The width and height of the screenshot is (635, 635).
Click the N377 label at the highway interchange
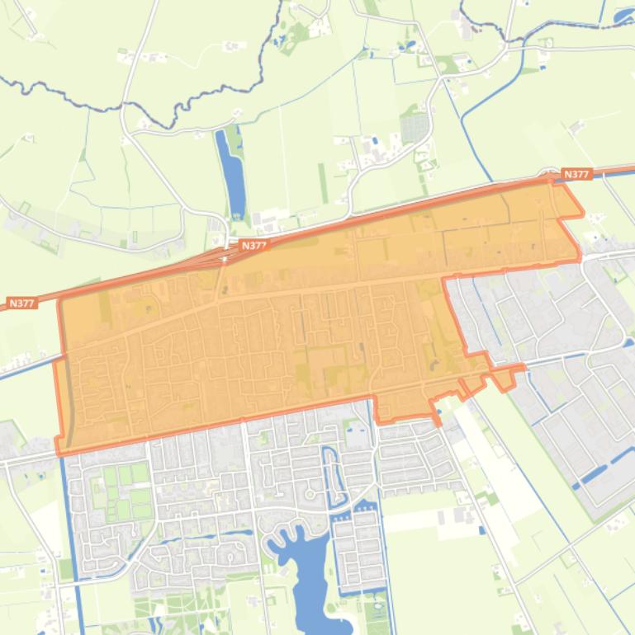coord(254,246)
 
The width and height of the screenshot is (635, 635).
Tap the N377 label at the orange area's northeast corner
coord(576,174)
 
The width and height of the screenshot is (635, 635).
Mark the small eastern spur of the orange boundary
coord(505,376)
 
